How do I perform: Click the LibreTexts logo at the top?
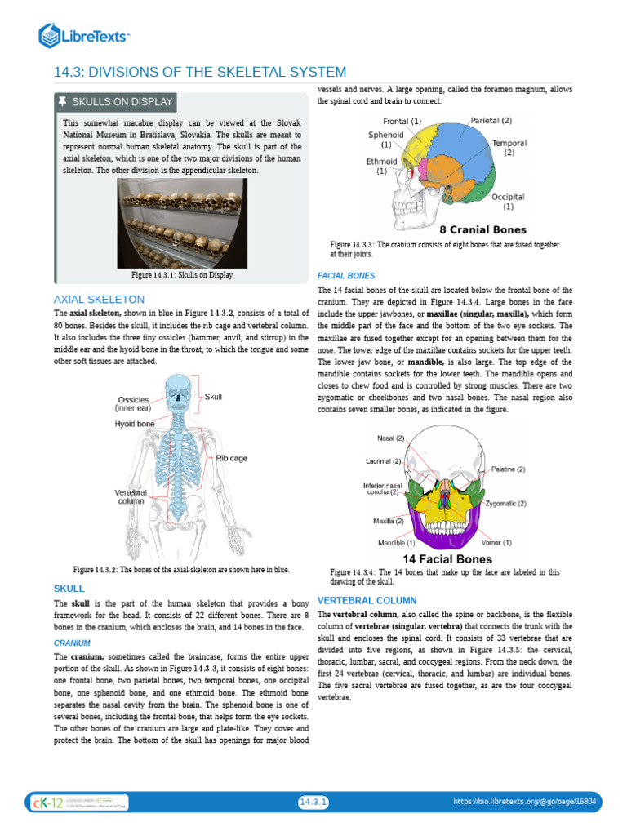pyautogui.click(x=85, y=35)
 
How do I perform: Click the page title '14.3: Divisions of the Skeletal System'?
pyautogui.click(x=200, y=73)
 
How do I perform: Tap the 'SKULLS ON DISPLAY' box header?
pyautogui.click(x=115, y=102)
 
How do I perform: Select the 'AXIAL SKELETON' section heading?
pyautogui.click(x=99, y=300)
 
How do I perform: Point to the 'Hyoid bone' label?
pyautogui.click(x=135, y=425)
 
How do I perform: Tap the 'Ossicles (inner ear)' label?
pyautogui.click(x=131, y=403)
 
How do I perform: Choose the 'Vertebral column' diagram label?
pyautogui.click(x=131, y=497)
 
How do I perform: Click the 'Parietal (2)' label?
pyautogui.click(x=491, y=121)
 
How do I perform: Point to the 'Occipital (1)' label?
pyautogui.click(x=508, y=202)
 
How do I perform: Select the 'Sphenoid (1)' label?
pyautogui.click(x=385, y=139)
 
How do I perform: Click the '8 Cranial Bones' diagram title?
pyautogui.click(x=482, y=230)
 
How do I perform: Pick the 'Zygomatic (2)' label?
pyautogui.click(x=505, y=504)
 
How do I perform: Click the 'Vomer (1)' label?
pyautogui.click(x=496, y=542)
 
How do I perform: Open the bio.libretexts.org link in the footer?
pyautogui.click(x=525, y=803)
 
